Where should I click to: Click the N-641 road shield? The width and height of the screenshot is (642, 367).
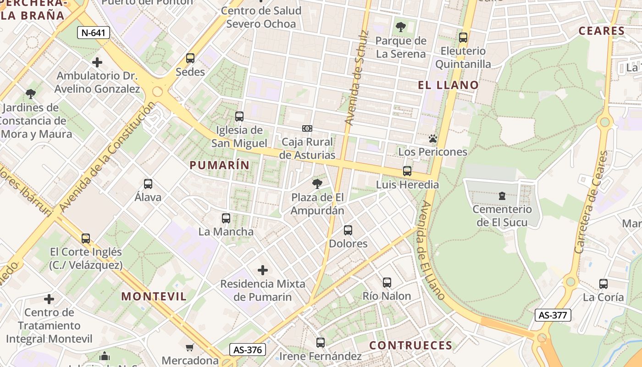pos(94,33)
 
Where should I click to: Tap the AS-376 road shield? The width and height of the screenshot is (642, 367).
pos(248,350)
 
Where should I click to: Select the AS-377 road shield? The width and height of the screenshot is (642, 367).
pos(553,315)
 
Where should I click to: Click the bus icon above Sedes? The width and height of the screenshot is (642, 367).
pos(190,58)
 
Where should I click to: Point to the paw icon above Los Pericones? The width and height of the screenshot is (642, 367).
pos(432,138)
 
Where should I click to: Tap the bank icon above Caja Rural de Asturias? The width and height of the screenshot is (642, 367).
pos(307,128)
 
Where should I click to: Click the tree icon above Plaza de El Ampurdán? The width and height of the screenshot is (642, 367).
pos(317,184)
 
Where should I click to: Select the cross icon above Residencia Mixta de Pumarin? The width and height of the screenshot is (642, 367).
pos(263,270)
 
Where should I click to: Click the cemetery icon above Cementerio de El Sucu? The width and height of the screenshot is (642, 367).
pos(502,196)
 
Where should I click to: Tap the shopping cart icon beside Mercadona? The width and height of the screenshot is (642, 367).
pos(190,347)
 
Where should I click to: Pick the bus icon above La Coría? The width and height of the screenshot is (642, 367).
pos(603,284)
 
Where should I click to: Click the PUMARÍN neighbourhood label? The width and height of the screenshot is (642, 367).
pos(220,165)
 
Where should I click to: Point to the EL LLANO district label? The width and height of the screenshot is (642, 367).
pos(448,85)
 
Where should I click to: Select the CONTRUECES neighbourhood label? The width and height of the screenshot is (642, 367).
pos(411,345)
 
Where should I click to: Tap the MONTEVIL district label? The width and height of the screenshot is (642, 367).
pos(154,296)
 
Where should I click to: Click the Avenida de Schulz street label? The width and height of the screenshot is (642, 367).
pos(356,78)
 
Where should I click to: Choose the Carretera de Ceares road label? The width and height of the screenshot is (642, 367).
pos(592,202)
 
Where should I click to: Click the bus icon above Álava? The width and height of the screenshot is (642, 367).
pos(148,184)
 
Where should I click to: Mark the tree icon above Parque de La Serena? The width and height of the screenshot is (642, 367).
pos(401,27)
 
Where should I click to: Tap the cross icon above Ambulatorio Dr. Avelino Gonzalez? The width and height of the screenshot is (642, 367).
pos(97,62)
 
